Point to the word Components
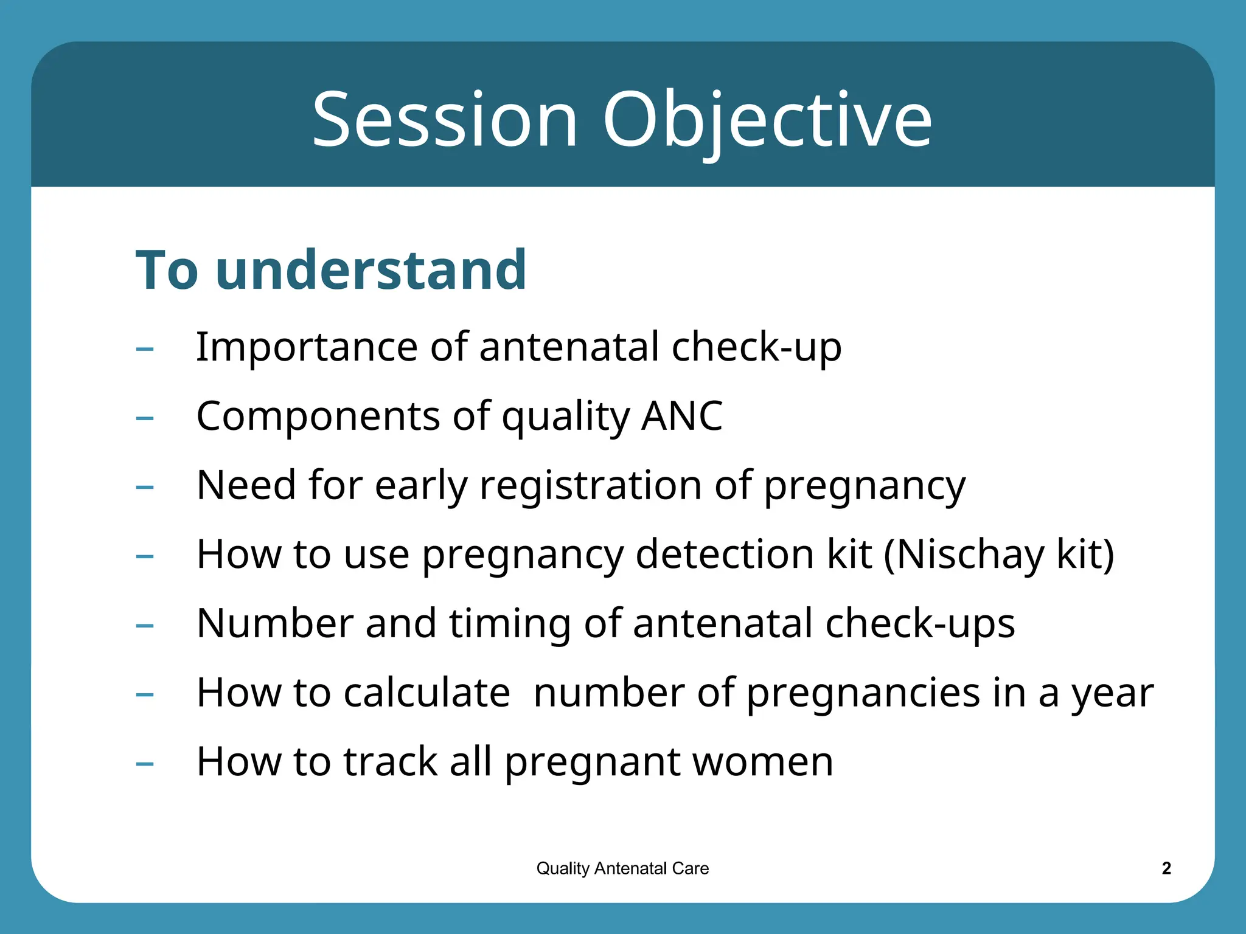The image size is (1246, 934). click(318, 416)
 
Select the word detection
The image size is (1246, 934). click(725, 555)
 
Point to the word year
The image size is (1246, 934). click(1112, 694)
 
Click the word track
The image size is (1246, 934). click(391, 762)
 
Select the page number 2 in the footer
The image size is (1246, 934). click(1166, 868)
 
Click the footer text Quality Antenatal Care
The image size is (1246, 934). click(622, 868)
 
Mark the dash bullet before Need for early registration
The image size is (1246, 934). click(145, 487)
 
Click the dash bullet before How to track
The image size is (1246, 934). click(145, 764)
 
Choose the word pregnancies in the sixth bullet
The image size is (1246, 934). click(863, 694)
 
